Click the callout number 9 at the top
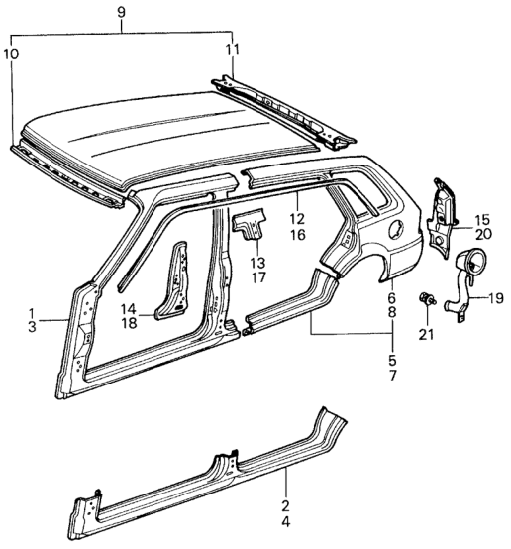(121, 13)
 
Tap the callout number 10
(11, 55)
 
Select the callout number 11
(232, 50)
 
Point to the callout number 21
(426, 335)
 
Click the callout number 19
(495, 298)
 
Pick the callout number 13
(258, 263)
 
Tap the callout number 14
(128, 309)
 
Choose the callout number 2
(285, 506)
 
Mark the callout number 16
(297, 235)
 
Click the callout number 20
(483, 234)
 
